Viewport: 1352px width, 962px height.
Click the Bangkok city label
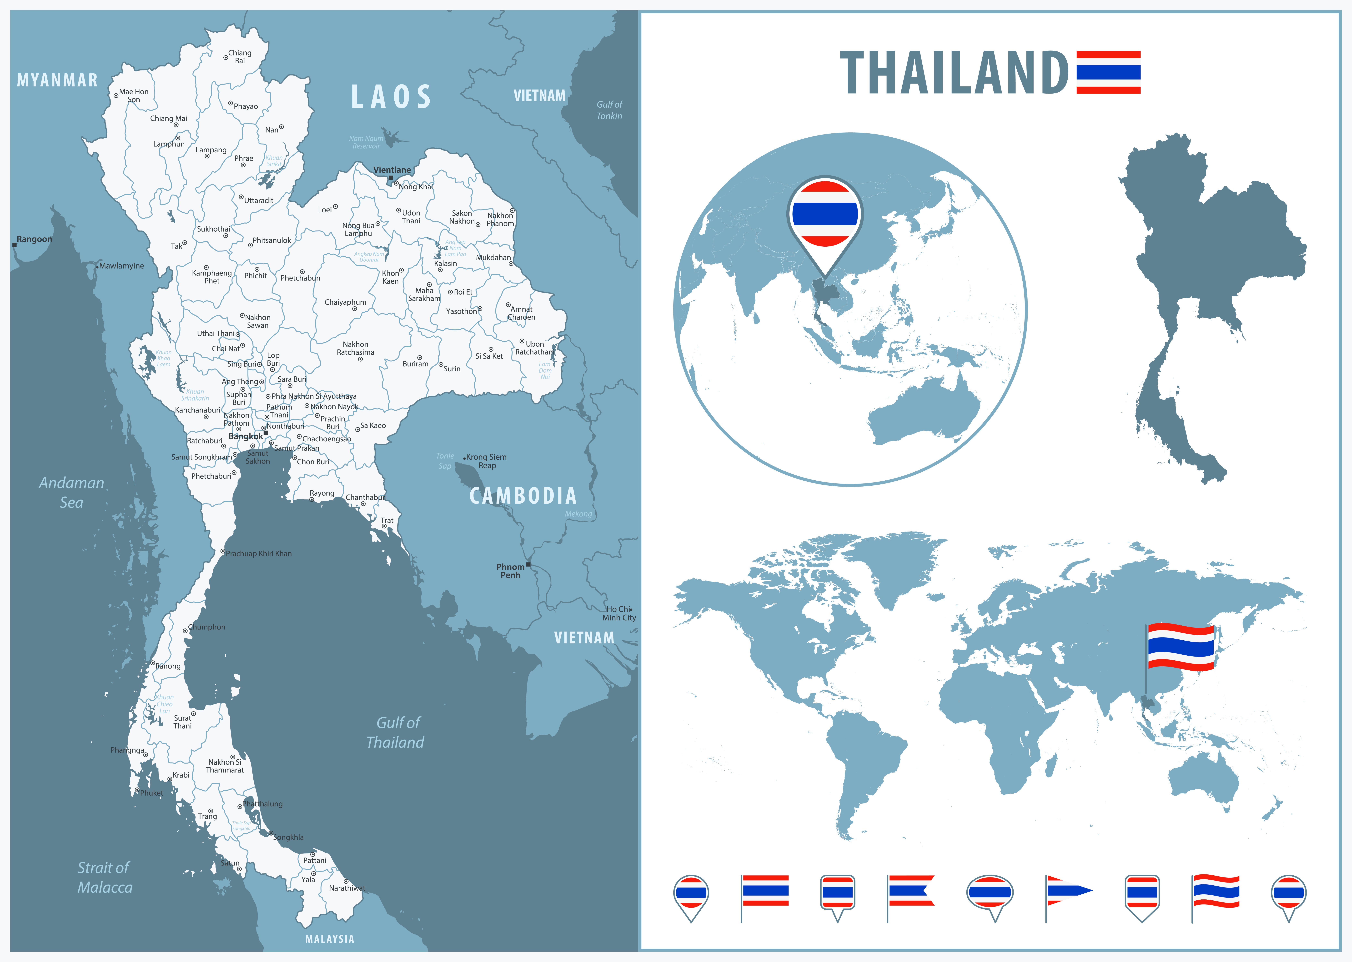coord(245,437)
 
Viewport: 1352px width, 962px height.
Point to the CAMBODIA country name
coord(523,496)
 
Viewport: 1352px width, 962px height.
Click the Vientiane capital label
coord(392,170)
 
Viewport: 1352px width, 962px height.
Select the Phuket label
coord(151,793)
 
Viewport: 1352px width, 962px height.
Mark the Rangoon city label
coord(34,239)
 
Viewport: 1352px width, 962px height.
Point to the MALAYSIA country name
coord(329,939)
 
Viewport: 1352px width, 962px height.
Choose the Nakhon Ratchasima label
coord(356,348)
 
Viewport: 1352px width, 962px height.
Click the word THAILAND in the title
coord(954,73)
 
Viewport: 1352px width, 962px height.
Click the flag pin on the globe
coord(825,214)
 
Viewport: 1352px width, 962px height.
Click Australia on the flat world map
coord(1203,782)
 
